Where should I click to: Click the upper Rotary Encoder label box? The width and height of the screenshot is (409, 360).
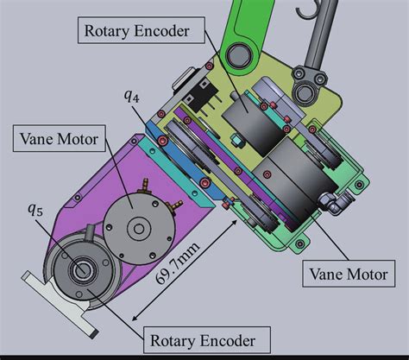click(142, 30)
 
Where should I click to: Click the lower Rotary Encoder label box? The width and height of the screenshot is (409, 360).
click(207, 340)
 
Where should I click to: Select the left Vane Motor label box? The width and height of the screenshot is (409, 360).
click(60, 138)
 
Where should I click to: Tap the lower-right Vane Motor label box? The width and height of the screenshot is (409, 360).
click(349, 274)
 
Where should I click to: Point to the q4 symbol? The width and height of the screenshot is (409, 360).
click(132, 96)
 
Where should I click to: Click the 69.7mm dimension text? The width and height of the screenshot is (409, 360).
click(178, 262)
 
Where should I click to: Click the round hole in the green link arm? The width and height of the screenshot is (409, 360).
click(238, 54)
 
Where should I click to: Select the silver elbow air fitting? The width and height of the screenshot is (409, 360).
click(335, 202)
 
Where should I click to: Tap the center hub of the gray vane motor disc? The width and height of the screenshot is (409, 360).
click(139, 229)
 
